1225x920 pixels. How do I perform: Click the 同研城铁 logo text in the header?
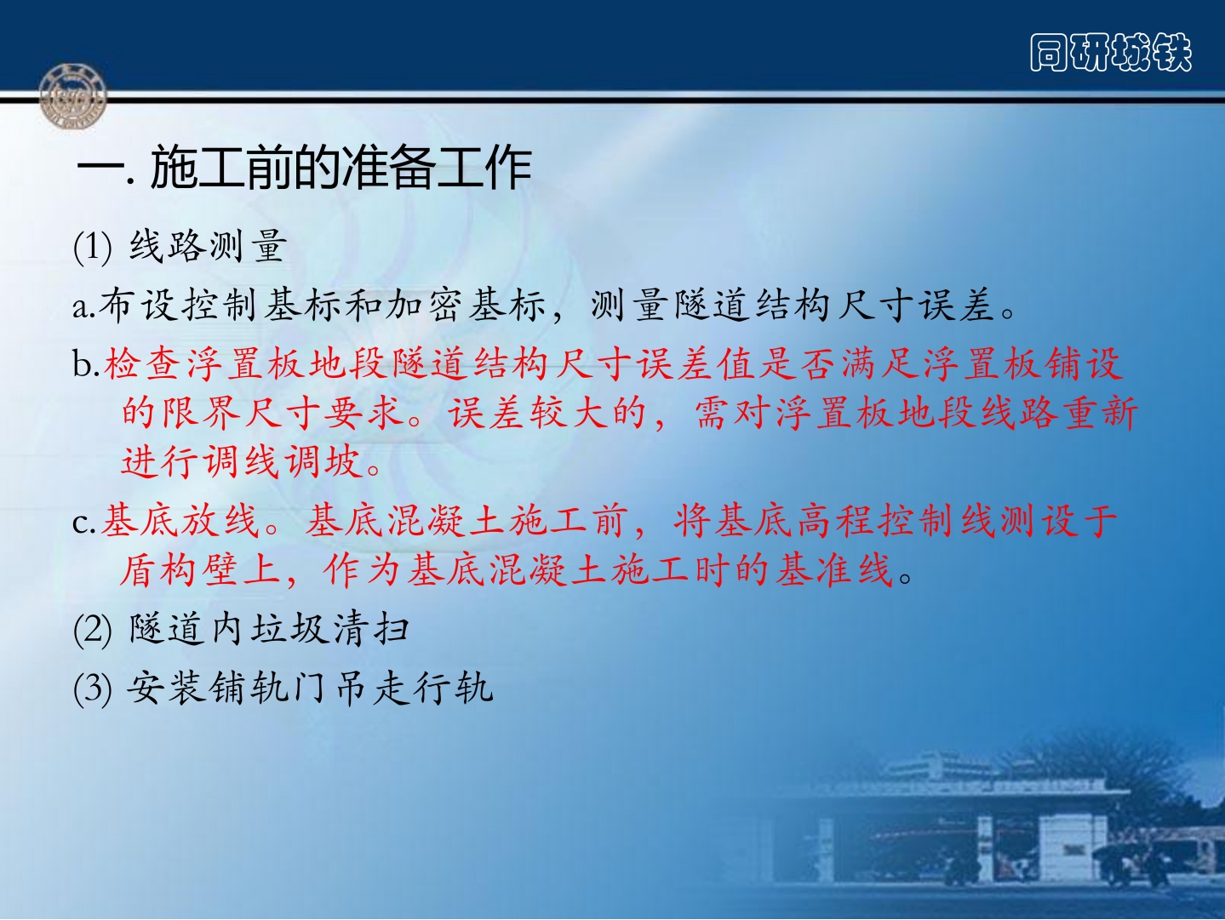[1111, 53]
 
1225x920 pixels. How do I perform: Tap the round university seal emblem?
[72, 96]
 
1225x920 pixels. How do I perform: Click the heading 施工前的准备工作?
[341, 167]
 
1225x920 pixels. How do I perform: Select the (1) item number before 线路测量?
[93, 247]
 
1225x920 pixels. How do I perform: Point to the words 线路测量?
[209, 246]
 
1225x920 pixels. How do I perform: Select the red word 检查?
[142, 364]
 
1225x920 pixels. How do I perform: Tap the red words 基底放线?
[180, 521]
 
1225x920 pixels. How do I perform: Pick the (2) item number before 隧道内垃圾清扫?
[93, 630]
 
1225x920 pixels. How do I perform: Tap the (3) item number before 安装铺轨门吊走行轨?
[93, 688]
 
